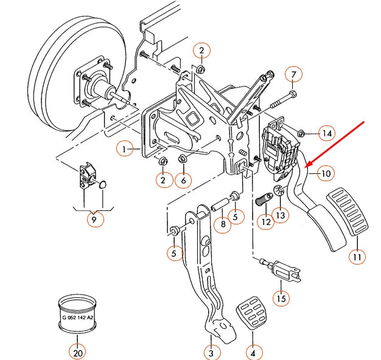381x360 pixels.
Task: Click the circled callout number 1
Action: [125, 148]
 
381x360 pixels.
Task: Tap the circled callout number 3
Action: [211, 352]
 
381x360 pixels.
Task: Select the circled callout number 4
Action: [253, 352]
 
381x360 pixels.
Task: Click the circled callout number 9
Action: [94, 220]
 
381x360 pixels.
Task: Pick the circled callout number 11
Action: [357, 257]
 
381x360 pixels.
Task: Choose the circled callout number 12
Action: [265, 223]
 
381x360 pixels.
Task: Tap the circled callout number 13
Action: [281, 215]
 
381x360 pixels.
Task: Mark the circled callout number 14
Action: [327, 133]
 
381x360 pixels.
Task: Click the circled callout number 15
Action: [281, 299]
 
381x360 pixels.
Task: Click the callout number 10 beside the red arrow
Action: [326, 174]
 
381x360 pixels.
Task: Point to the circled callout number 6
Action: [183, 180]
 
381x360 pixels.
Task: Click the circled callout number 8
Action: [223, 224]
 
